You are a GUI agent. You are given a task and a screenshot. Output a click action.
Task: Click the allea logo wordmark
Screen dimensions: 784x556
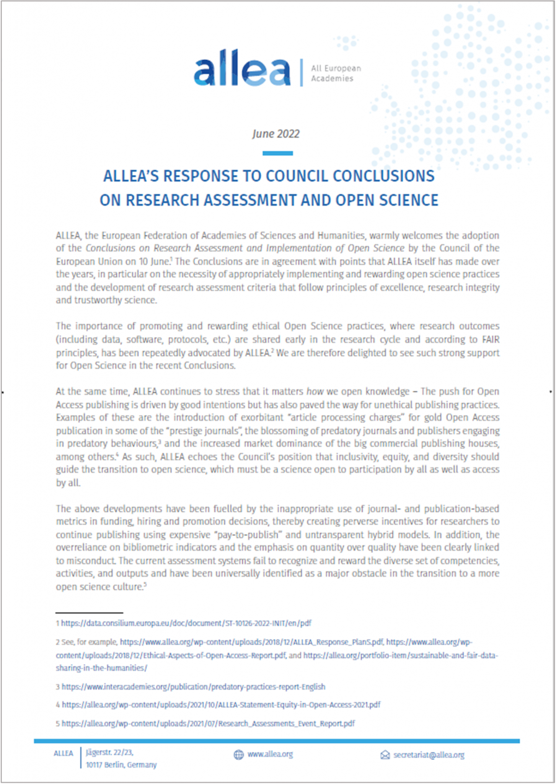(x=242, y=69)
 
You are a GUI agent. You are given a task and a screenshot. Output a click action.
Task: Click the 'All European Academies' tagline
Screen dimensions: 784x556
(x=335, y=73)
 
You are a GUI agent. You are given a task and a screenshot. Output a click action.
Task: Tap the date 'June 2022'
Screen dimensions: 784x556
(x=276, y=134)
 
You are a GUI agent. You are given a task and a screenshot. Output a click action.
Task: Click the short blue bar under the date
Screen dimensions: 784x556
(x=277, y=153)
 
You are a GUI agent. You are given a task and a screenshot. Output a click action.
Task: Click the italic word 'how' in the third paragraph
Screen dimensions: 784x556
(x=315, y=392)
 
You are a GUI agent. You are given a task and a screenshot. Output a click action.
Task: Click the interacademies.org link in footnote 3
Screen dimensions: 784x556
(x=193, y=687)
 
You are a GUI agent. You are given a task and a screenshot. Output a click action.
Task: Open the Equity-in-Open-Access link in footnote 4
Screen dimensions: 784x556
(x=221, y=705)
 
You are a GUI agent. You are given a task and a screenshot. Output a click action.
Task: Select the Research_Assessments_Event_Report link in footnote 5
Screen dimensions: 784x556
(x=208, y=724)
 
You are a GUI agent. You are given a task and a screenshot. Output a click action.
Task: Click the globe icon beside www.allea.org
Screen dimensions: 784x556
(x=238, y=755)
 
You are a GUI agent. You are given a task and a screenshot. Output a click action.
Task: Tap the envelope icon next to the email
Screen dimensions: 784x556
(x=385, y=755)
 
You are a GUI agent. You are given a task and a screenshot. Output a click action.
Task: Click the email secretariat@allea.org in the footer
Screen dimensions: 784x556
(x=429, y=755)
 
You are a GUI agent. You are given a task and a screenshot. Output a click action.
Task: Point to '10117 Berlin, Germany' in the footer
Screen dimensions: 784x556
(x=121, y=765)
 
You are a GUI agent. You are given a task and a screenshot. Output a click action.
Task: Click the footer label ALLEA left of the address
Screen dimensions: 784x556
(x=64, y=753)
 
